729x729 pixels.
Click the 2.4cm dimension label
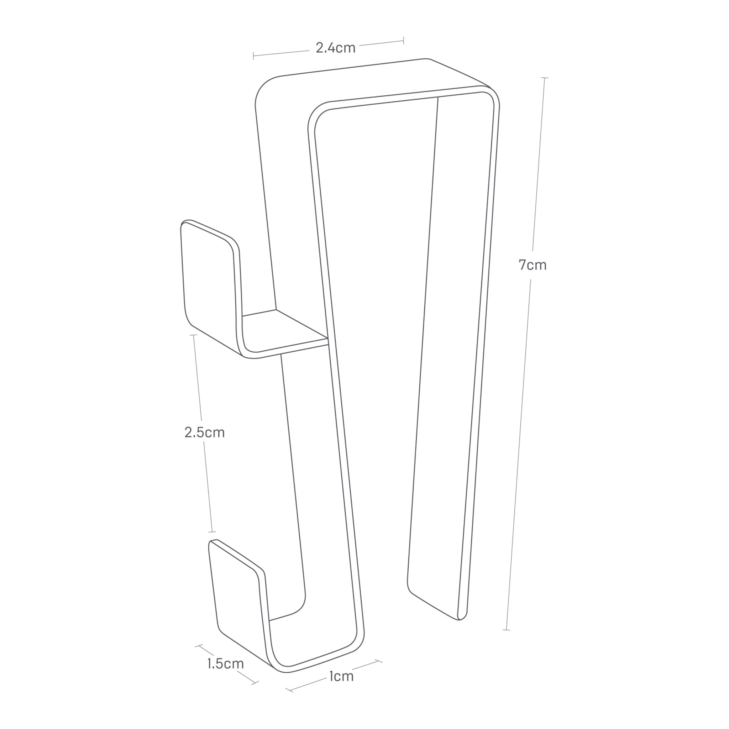335,48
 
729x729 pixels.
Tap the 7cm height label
533,265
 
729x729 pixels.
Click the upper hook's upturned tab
210,279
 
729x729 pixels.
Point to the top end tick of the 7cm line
545,78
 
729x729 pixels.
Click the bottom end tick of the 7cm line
507,630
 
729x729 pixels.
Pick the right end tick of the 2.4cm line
404,40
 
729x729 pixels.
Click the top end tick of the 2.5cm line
193,335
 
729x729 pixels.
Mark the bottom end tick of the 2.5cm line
213,532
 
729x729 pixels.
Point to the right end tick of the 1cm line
378,661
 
